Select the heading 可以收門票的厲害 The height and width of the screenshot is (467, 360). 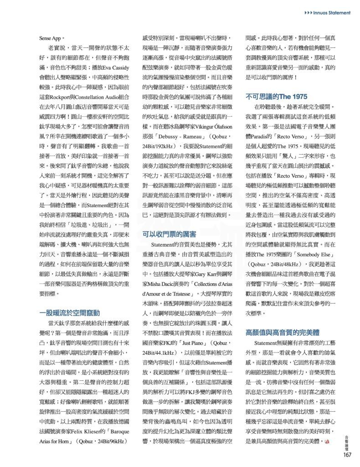[x=169, y=234]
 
